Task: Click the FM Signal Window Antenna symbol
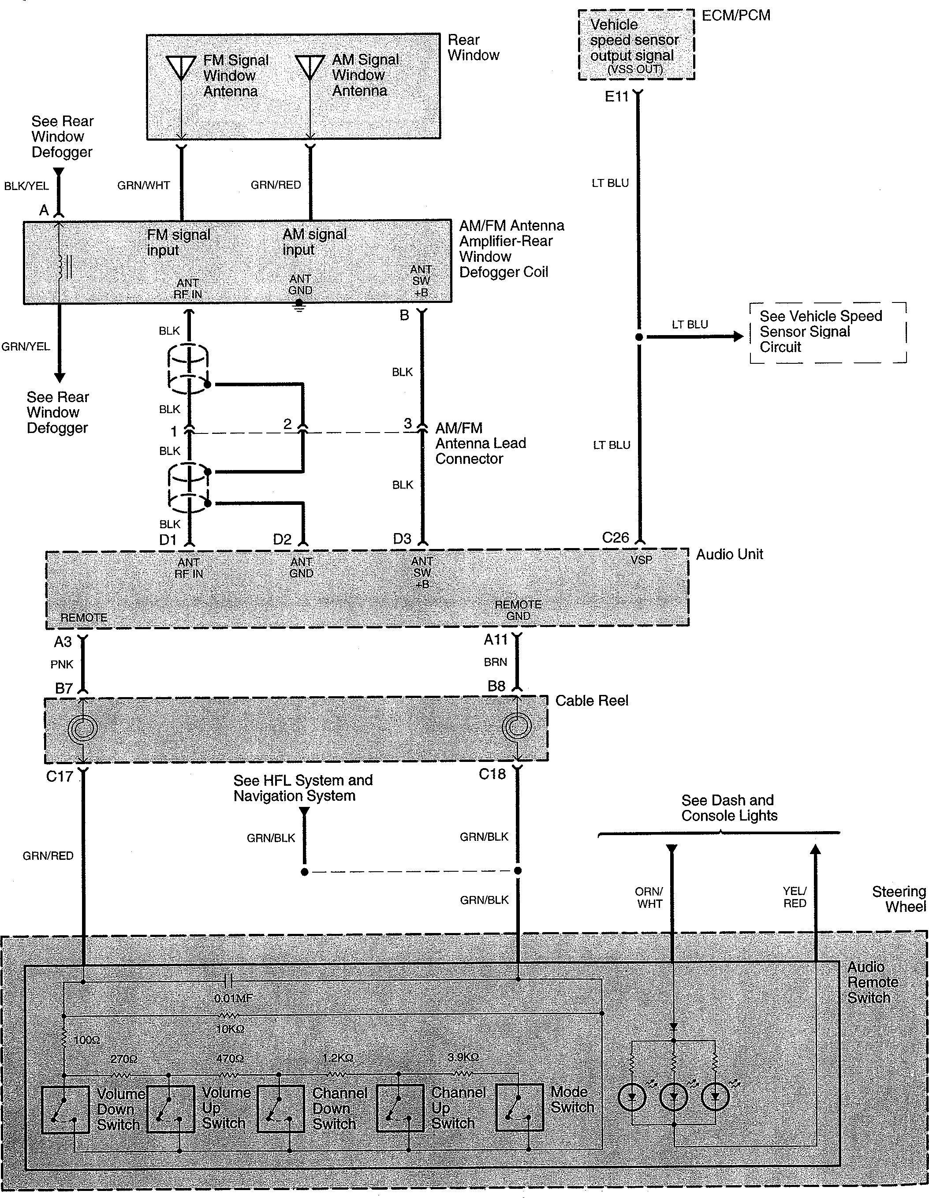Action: pyautogui.click(x=181, y=69)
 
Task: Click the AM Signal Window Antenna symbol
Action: pyautogui.click(x=310, y=68)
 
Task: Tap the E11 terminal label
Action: pyautogui.click(x=616, y=97)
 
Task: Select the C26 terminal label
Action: pyautogui.click(x=616, y=537)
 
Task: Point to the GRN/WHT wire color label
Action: pyautogui.click(x=144, y=185)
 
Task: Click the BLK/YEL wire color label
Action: pyautogui.click(x=26, y=186)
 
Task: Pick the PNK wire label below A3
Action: pyautogui.click(x=62, y=664)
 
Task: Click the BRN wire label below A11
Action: pyautogui.click(x=495, y=662)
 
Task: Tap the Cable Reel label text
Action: pyautogui.click(x=592, y=701)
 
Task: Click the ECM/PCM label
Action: pyautogui.click(x=736, y=15)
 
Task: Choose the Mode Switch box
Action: pyautogui.click(x=519, y=1108)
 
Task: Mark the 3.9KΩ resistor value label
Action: pyautogui.click(x=463, y=1057)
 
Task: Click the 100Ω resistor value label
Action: pyautogui.click(x=87, y=1039)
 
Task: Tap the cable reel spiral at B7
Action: pyautogui.click(x=83, y=729)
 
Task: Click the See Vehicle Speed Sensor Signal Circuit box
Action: pyautogui.click(x=828, y=332)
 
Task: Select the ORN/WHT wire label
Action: pyautogui.click(x=649, y=897)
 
